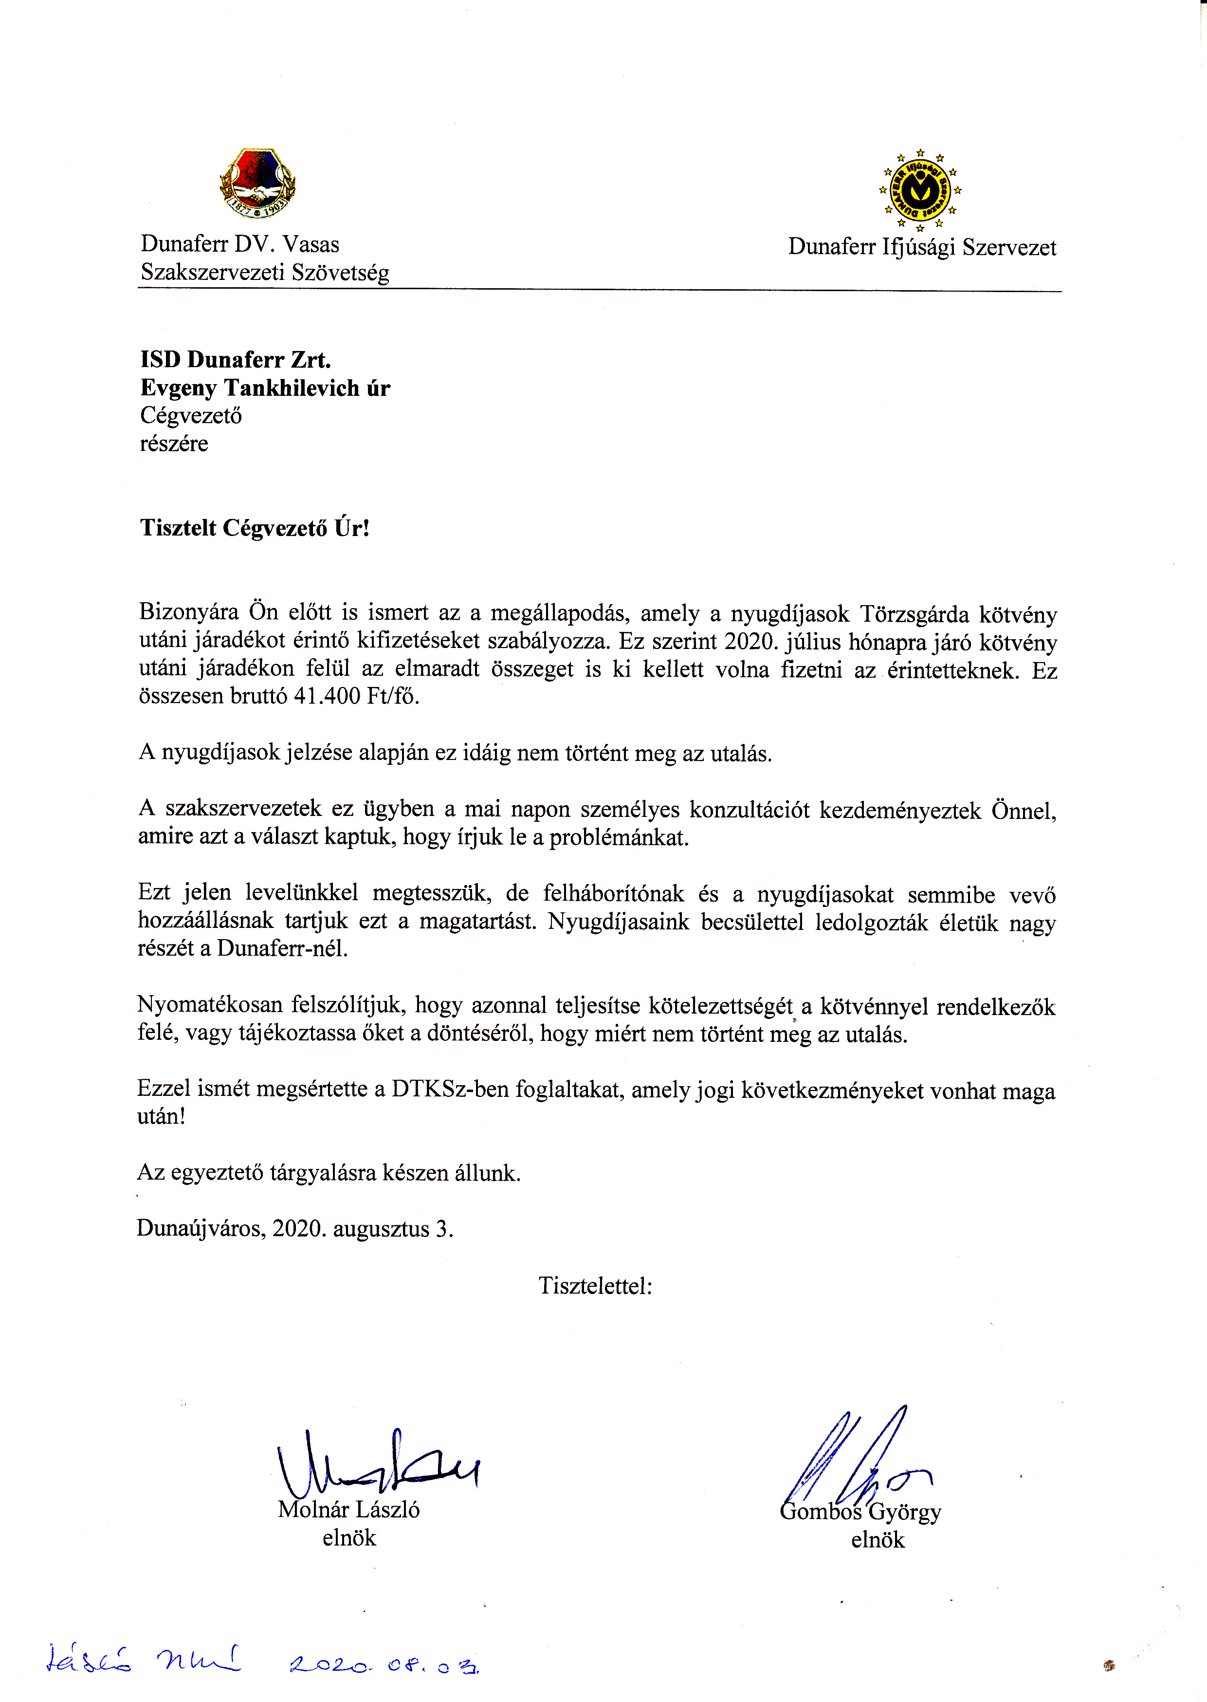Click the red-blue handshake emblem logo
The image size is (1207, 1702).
[257, 183]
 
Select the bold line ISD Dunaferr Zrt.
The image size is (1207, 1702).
[236, 360]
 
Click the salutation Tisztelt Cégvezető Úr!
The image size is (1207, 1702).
[254, 528]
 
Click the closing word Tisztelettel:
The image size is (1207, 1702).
[595, 1286]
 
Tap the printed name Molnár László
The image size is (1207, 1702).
[348, 1510]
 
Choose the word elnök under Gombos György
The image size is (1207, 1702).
[878, 1540]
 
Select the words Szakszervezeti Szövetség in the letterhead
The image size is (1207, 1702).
[265, 272]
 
